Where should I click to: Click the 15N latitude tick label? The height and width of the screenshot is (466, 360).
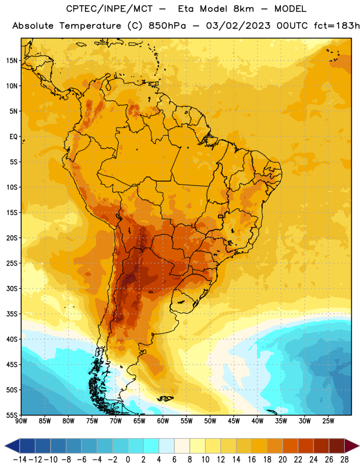(12, 61)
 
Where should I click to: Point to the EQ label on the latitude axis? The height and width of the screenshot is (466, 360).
(13, 137)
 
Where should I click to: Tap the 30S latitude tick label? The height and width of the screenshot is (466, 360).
(12, 288)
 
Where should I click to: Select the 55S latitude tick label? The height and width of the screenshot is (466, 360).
(12, 415)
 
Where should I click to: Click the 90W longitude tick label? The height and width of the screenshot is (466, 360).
(21, 421)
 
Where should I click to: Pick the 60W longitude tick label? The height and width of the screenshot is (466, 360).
(163, 421)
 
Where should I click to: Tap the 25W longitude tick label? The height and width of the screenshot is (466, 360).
(328, 421)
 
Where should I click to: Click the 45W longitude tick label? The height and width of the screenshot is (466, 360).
(234, 421)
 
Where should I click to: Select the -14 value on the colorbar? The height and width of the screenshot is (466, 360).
(20, 460)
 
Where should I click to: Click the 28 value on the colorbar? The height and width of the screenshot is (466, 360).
(344, 460)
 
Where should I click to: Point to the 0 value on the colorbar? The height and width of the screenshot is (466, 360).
(128, 460)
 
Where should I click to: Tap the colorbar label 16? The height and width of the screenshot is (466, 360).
(252, 460)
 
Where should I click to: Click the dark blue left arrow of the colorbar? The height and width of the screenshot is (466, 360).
(12, 446)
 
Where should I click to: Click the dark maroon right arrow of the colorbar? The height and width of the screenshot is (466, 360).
(352, 446)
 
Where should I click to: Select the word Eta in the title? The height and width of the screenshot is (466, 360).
(186, 9)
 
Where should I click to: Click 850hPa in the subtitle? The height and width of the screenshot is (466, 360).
(167, 26)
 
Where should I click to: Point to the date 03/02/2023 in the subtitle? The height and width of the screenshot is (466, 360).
(238, 26)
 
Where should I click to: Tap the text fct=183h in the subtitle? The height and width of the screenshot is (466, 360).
(337, 26)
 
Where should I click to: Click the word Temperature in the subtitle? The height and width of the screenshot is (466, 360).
(90, 26)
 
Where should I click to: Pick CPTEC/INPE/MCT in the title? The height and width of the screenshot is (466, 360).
(110, 9)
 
